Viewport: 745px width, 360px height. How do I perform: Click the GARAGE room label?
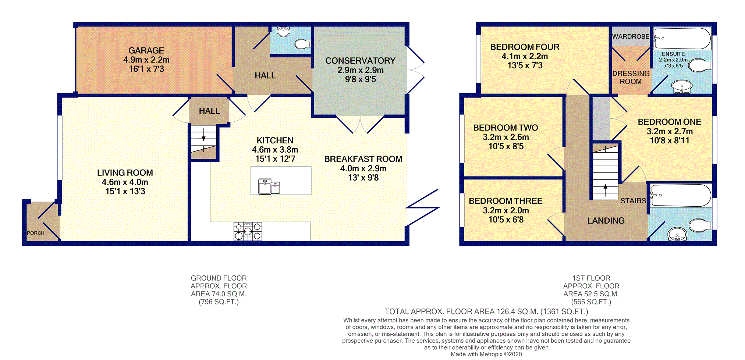146,51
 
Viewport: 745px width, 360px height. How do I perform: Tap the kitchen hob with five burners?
248,231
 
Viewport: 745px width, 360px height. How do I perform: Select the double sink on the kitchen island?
269,186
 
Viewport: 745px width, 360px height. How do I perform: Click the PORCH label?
36,233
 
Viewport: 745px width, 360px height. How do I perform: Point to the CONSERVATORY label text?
360,61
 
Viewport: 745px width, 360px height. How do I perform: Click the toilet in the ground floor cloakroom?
302,44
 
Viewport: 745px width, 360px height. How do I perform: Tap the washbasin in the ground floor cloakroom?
284,32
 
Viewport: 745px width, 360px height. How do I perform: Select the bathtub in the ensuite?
682,38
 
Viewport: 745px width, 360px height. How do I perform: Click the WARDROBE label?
631,36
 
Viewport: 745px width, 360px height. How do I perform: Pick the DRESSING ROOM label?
631,78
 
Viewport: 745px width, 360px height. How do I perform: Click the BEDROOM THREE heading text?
505,201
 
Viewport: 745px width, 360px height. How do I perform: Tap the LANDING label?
606,221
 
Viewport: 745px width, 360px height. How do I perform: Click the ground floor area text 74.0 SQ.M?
219,294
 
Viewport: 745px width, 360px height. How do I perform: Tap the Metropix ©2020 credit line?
486,354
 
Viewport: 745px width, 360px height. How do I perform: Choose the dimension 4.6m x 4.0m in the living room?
125,182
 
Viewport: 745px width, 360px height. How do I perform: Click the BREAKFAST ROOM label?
363,159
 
